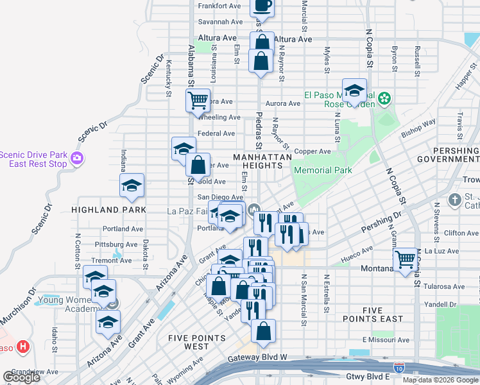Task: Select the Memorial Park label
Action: point(322,170)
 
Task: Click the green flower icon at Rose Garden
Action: point(384,98)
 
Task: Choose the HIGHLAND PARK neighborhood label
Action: point(108,210)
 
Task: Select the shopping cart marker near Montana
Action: point(405,260)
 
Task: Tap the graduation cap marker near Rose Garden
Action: point(354,90)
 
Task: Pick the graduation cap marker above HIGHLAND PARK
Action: point(132,185)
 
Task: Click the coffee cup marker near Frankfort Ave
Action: point(261,5)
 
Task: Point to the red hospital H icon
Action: point(24,346)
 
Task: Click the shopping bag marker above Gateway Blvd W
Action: point(263,331)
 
